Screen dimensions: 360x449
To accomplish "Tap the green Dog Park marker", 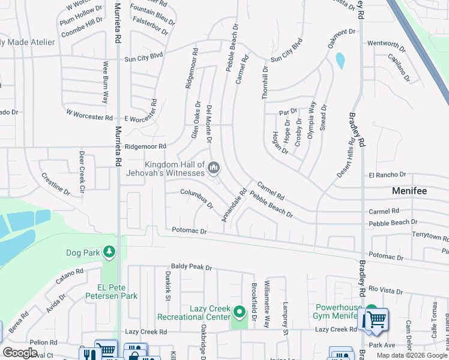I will [x=109, y=252].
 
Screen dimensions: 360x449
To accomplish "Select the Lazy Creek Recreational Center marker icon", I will [x=240, y=312].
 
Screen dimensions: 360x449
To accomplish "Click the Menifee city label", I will [x=409, y=191].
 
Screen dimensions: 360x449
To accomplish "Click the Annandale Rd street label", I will [x=235, y=206].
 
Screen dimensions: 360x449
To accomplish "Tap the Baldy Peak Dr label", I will [x=191, y=267].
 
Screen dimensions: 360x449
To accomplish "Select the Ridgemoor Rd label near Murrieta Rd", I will [x=145, y=146].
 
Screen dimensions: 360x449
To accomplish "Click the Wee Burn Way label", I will [x=106, y=82].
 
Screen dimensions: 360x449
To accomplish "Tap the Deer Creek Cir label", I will [x=82, y=167].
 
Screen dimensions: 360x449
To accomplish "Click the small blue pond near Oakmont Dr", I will [x=340, y=61].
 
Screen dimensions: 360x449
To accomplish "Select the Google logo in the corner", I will [x=20, y=353].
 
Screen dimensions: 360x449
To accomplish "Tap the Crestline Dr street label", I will [x=55, y=184].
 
